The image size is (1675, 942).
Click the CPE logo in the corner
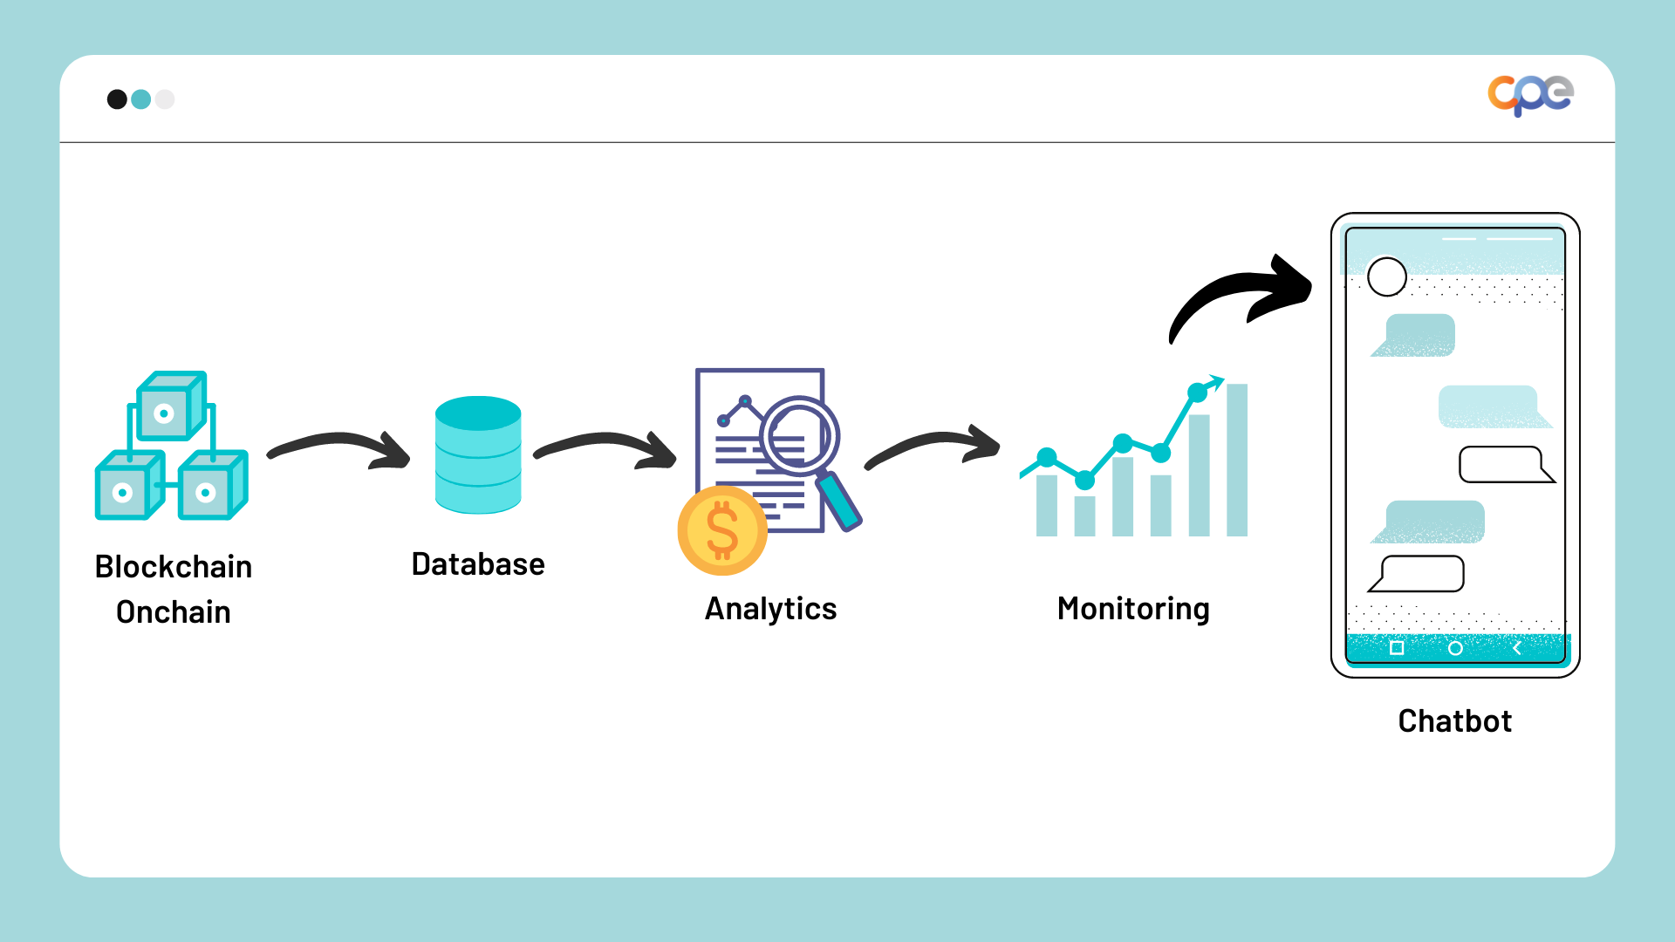click(1530, 94)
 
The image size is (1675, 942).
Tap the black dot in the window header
click(117, 99)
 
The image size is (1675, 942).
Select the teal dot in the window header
click(141, 99)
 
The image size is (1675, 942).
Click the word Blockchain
click(174, 567)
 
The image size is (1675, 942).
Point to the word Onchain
click(174, 612)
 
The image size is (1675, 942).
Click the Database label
click(478, 564)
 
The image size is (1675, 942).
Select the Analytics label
click(770, 609)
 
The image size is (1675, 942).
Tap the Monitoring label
click(1133, 609)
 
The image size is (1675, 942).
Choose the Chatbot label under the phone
click(1454, 721)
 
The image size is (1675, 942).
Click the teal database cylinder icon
click(478, 455)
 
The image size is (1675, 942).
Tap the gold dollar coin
click(722, 530)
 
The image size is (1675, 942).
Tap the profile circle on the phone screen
click(1387, 277)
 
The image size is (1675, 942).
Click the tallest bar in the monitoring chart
click(1237, 461)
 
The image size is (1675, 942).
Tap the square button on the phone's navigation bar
click(1397, 648)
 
